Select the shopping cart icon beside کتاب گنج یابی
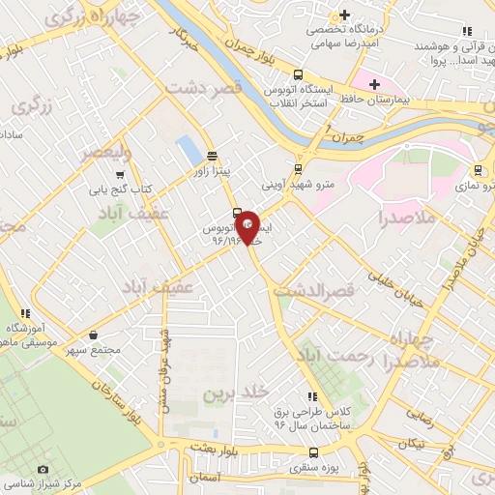point(118,176)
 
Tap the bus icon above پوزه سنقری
point(312,451)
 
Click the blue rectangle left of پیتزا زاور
point(185,150)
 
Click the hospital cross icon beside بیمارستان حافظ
point(374,85)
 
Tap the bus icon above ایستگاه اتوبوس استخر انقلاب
point(299,74)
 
